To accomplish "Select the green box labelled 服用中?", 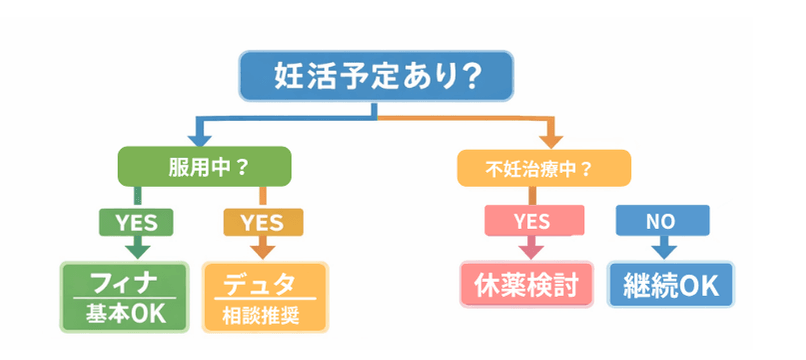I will click(x=204, y=166).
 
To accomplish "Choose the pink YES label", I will click(x=531, y=220).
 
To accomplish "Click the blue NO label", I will click(x=661, y=220).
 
